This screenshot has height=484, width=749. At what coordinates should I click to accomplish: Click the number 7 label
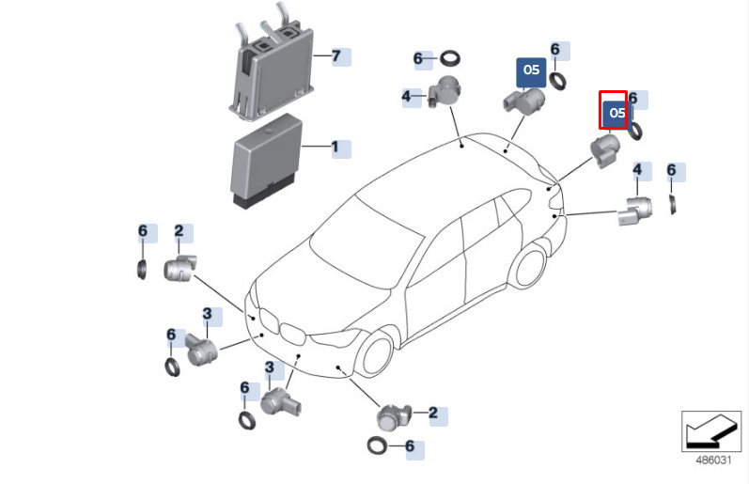tap(339, 55)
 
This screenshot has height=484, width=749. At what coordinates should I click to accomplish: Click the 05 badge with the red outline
tap(614, 111)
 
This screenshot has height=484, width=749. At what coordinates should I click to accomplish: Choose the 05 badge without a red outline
tap(531, 70)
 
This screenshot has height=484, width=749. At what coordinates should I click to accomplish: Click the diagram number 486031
tap(712, 461)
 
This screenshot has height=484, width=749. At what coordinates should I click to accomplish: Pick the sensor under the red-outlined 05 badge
tap(601, 150)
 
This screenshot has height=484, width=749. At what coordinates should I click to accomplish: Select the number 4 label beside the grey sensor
tap(409, 96)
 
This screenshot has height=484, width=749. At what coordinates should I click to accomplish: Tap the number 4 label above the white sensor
tap(638, 171)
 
